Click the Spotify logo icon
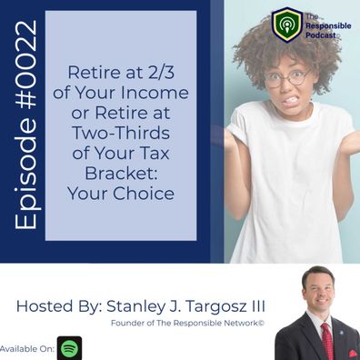click(69, 348)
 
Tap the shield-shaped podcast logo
click(287, 25)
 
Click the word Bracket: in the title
click(121, 173)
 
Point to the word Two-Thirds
click(121, 133)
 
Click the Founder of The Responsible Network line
click(187, 323)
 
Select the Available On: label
click(27, 349)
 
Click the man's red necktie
click(327, 342)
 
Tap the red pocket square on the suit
click(353, 354)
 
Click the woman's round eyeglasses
click(287, 77)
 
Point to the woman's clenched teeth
click(290, 99)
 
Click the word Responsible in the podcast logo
click(328, 26)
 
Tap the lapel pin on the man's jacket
click(342, 333)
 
